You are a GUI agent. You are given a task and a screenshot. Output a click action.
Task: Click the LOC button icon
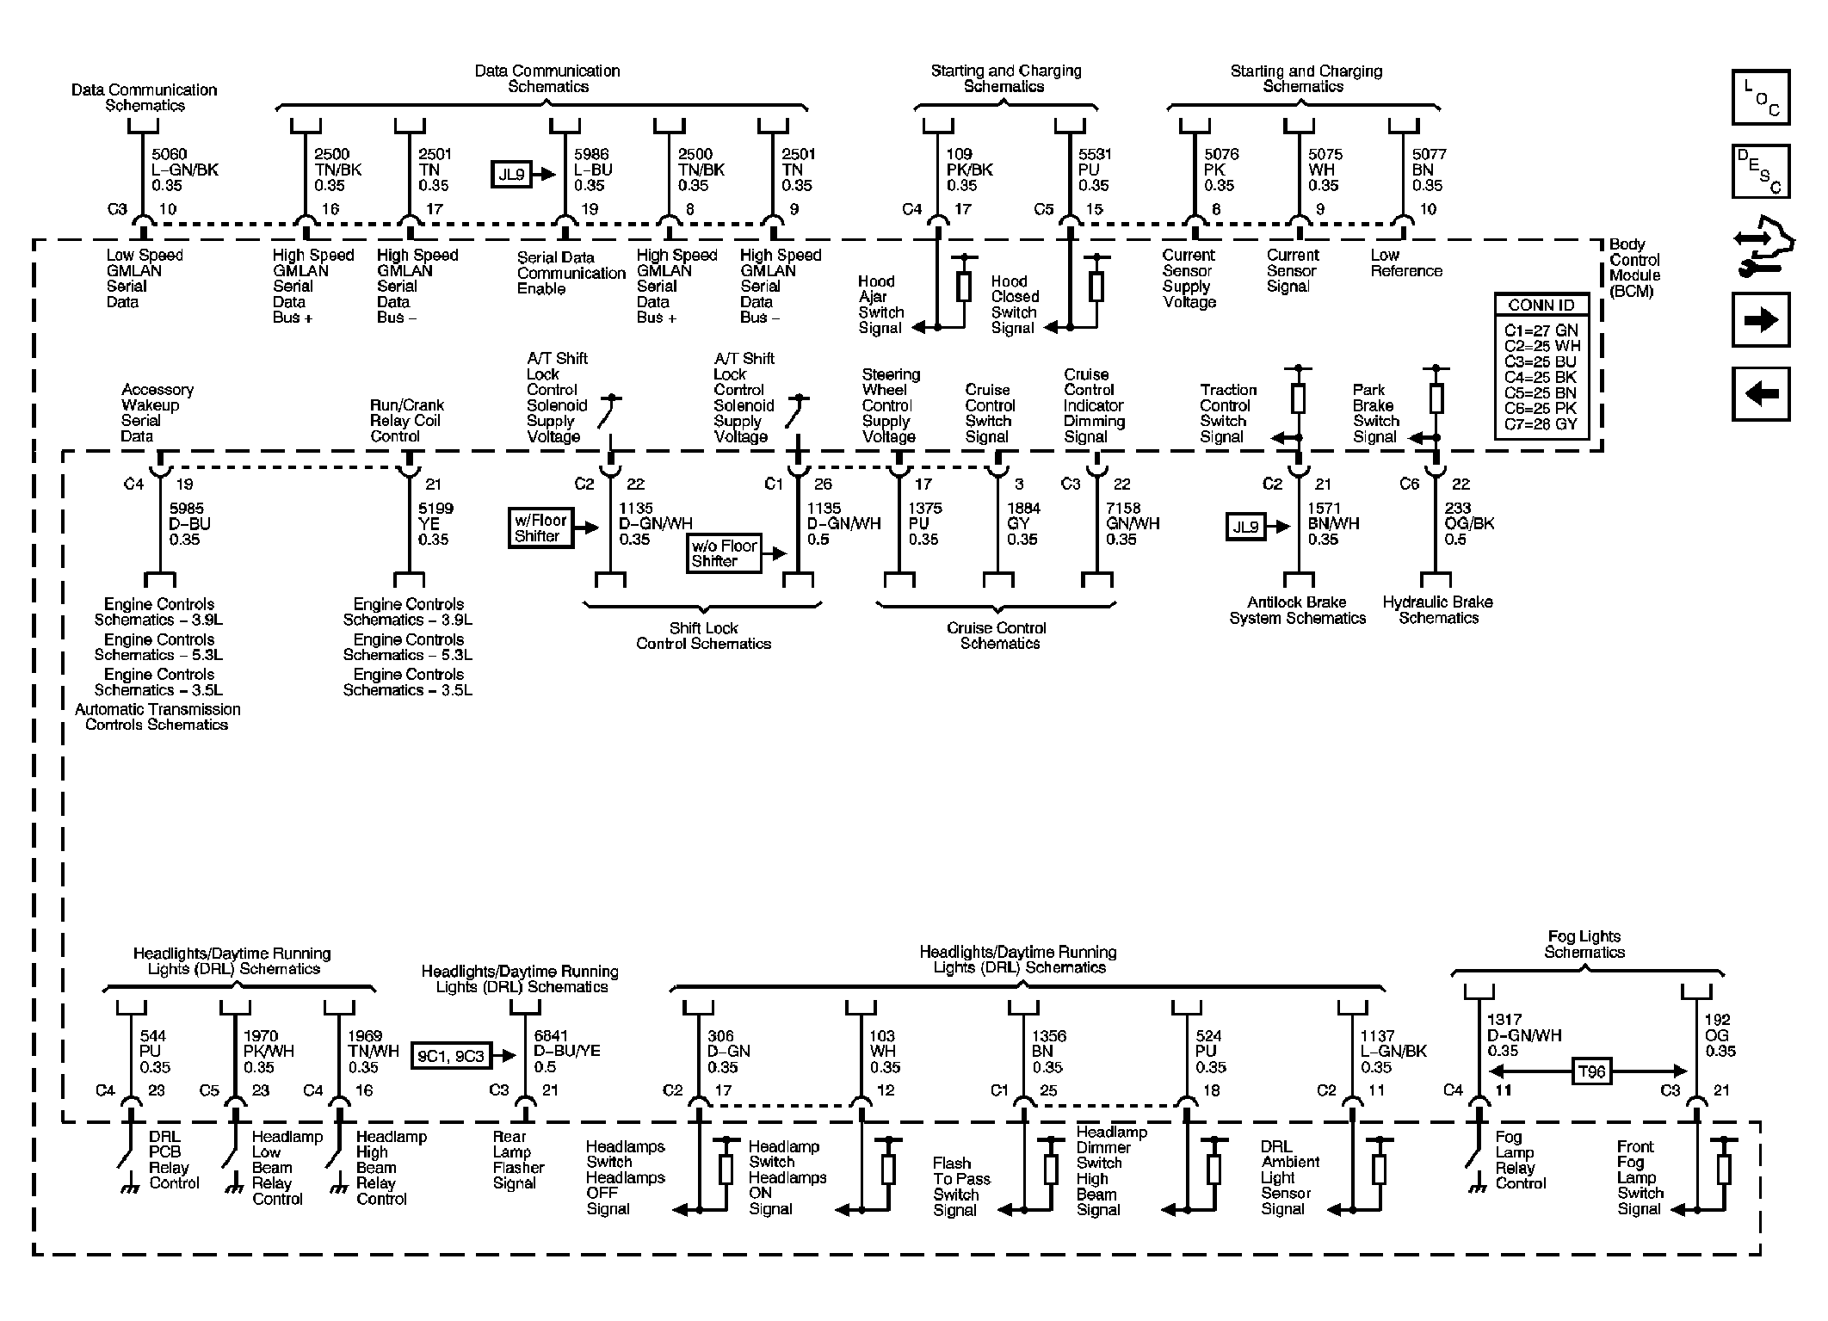1760,97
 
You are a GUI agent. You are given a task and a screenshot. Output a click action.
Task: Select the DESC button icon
1760,171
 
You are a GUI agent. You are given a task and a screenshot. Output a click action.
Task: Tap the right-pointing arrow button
1760,320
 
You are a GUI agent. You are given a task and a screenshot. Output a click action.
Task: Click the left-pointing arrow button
1760,394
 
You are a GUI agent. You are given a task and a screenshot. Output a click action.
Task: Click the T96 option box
1591,1071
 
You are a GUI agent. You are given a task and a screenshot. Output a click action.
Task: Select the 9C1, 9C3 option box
450,1056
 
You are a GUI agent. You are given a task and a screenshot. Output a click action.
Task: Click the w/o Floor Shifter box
724,553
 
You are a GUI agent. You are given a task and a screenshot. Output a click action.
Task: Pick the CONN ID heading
1541,306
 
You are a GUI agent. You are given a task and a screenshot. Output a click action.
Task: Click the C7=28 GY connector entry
1541,424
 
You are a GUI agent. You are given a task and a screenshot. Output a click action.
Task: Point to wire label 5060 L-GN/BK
184,170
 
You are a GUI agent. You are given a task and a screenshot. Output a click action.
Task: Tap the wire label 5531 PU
1095,170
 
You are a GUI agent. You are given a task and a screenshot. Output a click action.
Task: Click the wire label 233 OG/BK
1469,523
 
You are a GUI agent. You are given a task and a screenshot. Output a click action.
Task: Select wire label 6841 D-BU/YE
566,1051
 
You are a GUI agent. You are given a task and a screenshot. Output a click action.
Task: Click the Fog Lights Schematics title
1584,944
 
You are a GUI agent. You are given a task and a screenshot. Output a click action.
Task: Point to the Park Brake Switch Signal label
1375,413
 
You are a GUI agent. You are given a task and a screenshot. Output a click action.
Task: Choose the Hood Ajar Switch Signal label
880,305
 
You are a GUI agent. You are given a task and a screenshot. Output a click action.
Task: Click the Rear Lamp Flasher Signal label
517,1159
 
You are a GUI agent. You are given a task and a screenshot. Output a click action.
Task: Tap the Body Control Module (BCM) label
1633,268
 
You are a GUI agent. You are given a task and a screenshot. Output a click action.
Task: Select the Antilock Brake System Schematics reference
1297,610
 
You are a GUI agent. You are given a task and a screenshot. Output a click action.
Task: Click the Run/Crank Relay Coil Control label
406,420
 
